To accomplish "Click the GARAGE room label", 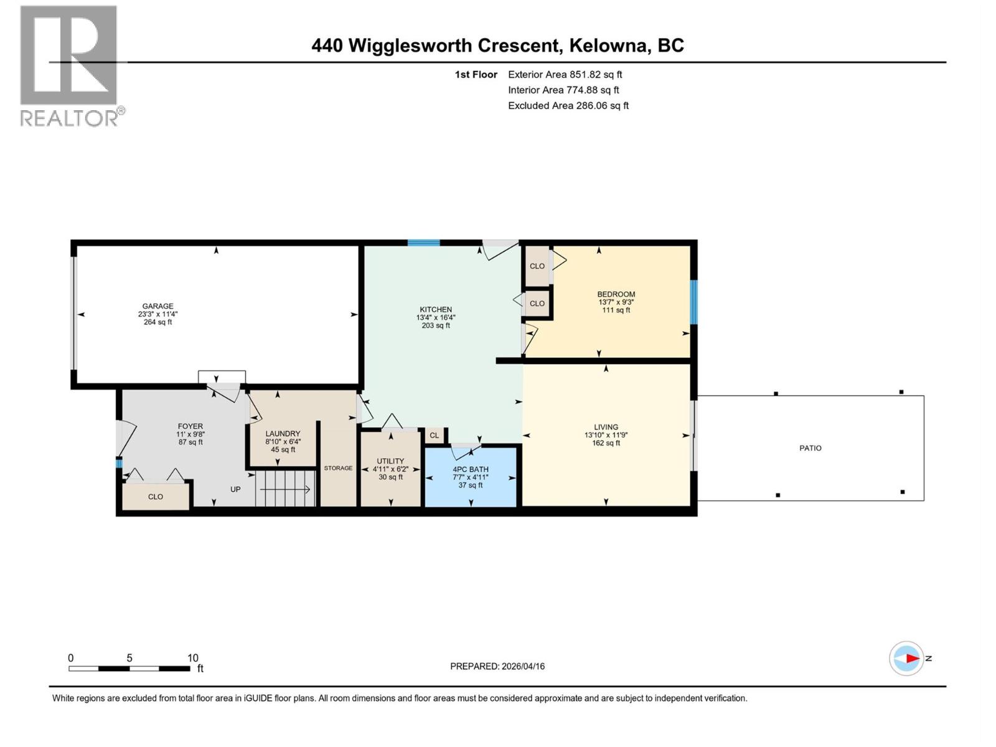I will pos(157,306).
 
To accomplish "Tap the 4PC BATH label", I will pos(471,469).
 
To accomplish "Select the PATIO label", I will pos(810,448).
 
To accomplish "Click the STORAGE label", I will pos(338,468).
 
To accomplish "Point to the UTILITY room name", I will pos(390,461).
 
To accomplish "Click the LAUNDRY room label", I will pos(283,434).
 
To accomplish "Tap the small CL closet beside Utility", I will pos(435,436).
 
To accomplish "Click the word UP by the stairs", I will pos(235,489).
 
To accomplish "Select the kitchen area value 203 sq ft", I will pos(436,326).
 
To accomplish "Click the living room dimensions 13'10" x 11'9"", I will pos(606,435).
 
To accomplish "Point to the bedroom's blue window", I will pos(694,302).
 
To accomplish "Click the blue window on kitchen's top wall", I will pos(423,243).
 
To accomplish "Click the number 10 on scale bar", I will pos(193,658).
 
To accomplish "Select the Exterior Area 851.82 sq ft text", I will pos(565,75).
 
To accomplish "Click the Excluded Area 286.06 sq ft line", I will pos(568,106).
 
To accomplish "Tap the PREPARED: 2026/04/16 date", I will pos(497,666).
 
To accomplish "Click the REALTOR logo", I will pos(70,65).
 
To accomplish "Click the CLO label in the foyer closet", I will pos(156,497).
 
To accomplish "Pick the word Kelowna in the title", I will pos(609,45).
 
